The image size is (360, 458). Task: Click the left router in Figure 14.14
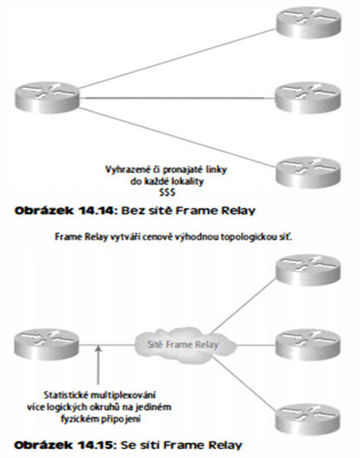47,98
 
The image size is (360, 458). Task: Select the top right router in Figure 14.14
309,21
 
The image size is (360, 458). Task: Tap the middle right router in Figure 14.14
308,98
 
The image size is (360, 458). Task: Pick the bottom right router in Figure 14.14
308,172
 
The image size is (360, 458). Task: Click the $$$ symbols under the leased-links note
166,193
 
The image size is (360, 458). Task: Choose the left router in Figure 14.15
47,345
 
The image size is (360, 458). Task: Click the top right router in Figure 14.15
308,270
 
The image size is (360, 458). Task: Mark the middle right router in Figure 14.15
308,345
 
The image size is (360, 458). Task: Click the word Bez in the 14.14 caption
130,211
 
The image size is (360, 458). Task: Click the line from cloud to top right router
243,306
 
